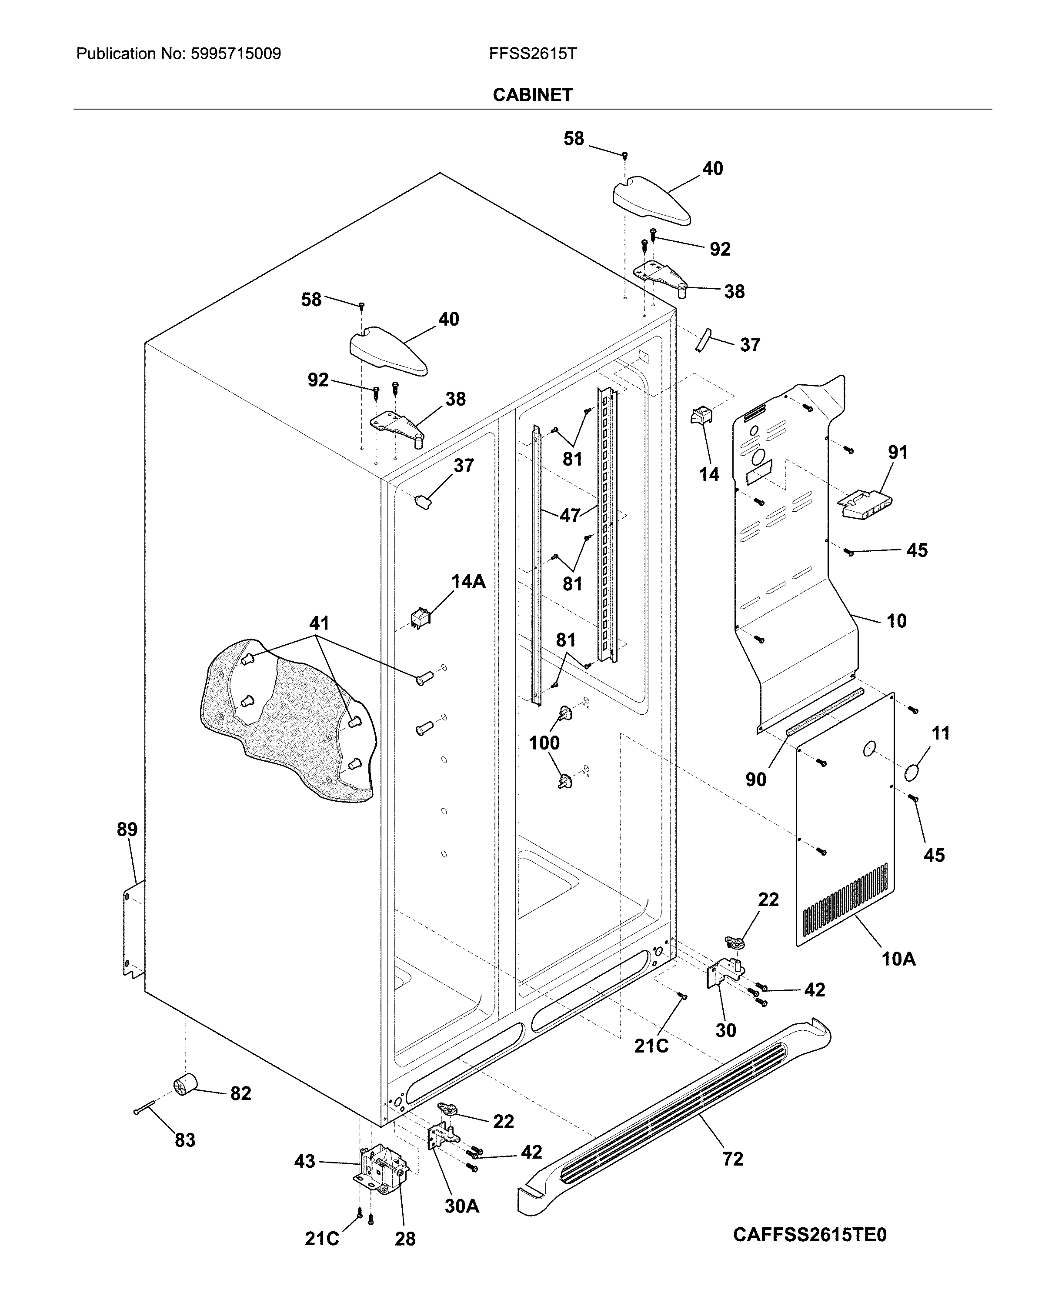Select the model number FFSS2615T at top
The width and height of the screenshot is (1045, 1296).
532,54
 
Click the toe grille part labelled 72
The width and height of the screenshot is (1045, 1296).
674,1119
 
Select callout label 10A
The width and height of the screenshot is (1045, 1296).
898,959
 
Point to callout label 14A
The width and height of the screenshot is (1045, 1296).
468,581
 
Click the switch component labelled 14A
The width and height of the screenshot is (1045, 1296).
420,618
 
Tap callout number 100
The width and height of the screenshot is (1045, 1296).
544,743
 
